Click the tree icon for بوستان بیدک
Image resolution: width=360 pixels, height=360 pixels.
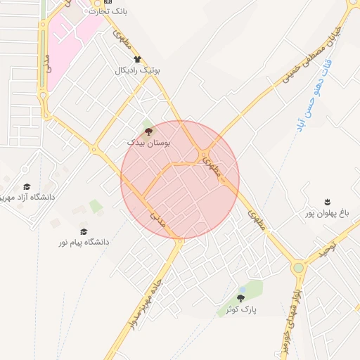[148, 131]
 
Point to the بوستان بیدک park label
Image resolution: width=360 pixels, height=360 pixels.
[148, 142]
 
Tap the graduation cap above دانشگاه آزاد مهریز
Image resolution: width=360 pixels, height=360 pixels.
[27, 186]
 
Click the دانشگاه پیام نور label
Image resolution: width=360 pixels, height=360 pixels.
[84, 242]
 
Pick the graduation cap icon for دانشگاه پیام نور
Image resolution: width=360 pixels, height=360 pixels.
[84, 231]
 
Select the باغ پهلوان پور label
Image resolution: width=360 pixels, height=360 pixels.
[326, 212]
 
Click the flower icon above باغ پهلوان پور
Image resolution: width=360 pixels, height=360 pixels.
[327, 202]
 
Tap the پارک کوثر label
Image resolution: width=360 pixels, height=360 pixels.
[241, 309]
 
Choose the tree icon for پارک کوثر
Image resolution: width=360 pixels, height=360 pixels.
[240, 298]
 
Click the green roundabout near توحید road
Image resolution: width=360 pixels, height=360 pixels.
[298, 267]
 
